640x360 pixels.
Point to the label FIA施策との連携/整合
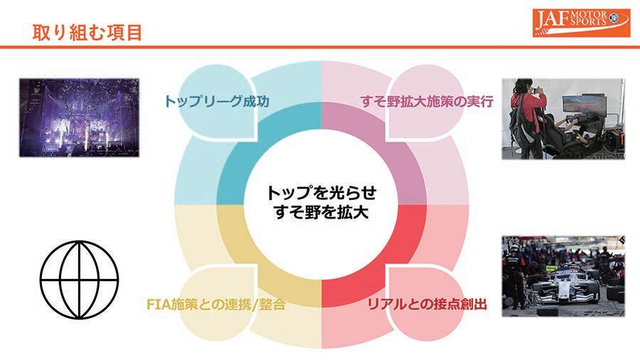click(x=212, y=305)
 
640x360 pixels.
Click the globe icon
click(x=78, y=272)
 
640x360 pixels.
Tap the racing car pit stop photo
click(x=562, y=275)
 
